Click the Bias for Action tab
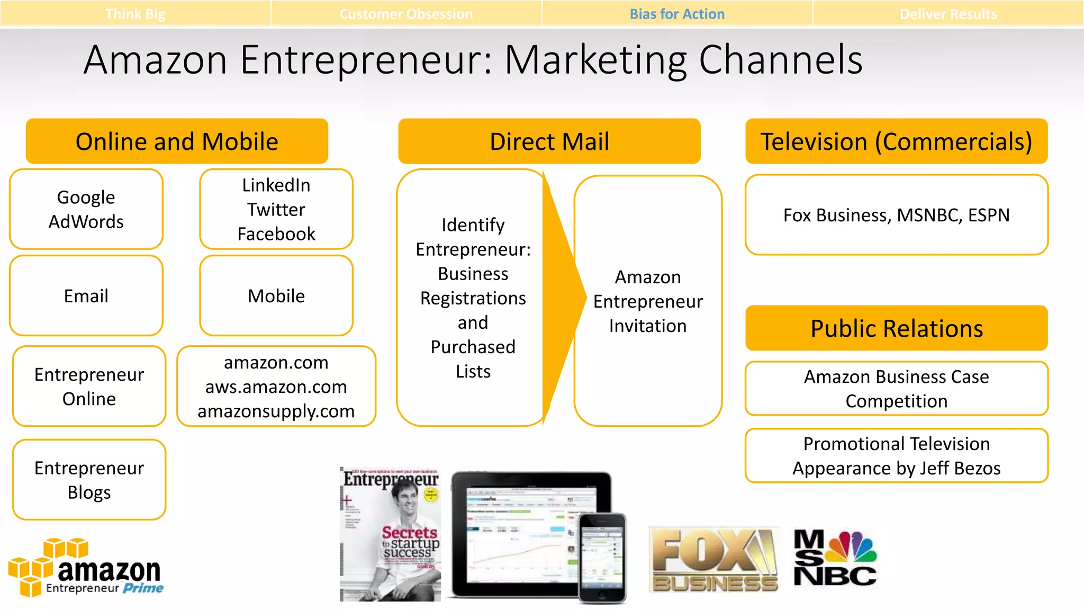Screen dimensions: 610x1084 (677, 14)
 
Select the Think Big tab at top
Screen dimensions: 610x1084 (135, 14)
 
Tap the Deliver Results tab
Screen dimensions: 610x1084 (948, 14)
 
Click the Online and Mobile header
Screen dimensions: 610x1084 (177, 141)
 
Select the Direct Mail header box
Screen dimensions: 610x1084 (549, 141)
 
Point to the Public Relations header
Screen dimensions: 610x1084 (897, 328)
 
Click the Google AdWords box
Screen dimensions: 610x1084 (86, 209)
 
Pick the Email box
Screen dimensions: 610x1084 (86, 295)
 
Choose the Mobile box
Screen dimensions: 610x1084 (276, 295)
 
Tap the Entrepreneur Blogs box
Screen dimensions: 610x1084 (89, 480)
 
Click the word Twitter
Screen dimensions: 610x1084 (276, 210)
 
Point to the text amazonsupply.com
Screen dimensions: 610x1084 (276, 411)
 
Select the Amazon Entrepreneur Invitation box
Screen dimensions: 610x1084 (648, 301)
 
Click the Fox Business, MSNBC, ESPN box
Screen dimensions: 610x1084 (897, 215)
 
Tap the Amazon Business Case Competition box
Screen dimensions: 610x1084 (897, 389)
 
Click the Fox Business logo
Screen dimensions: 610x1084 (715, 560)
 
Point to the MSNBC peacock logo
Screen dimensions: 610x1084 (836, 558)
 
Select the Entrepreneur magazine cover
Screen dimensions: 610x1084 (391, 535)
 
